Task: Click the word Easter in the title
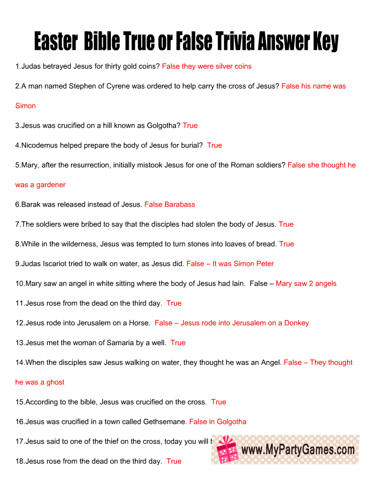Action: pyautogui.click(x=56, y=42)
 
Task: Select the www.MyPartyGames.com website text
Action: pyautogui.click(x=298, y=450)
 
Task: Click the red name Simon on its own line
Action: pyautogui.click(x=26, y=106)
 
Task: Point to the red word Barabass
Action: pyautogui.click(x=180, y=204)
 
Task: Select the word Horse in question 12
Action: pyautogui.click(x=139, y=323)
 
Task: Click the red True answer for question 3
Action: pyautogui.click(x=190, y=126)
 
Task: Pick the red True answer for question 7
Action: pyautogui.click(x=286, y=224)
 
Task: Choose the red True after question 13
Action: pyautogui.click(x=178, y=343)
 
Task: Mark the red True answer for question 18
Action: pyautogui.click(x=174, y=462)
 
